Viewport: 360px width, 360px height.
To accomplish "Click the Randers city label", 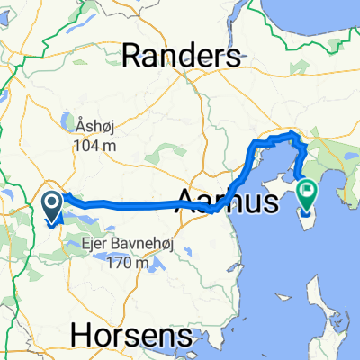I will (182, 56).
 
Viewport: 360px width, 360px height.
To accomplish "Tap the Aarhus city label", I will (229, 199).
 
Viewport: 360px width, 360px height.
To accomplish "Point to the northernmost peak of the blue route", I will (292, 134).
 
